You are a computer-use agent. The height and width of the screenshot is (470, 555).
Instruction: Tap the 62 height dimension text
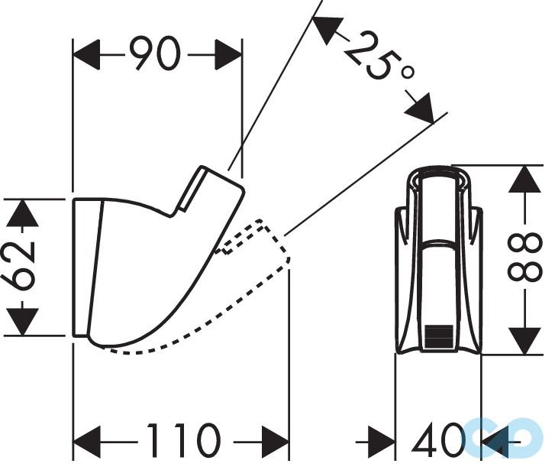pyautogui.click(x=23, y=267)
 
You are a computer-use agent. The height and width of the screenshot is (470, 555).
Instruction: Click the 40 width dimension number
pyautogui.click(x=437, y=441)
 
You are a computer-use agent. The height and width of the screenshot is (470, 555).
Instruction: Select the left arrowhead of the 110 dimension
pyautogui.click(x=87, y=441)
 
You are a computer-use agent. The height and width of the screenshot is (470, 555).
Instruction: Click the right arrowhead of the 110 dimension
pyautogui.click(x=275, y=441)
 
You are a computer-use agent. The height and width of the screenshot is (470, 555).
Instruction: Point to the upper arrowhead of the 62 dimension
pyautogui.click(x=23, y=212)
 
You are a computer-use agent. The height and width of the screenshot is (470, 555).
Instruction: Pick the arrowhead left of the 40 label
pyautogui.click(x=381, y=441)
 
